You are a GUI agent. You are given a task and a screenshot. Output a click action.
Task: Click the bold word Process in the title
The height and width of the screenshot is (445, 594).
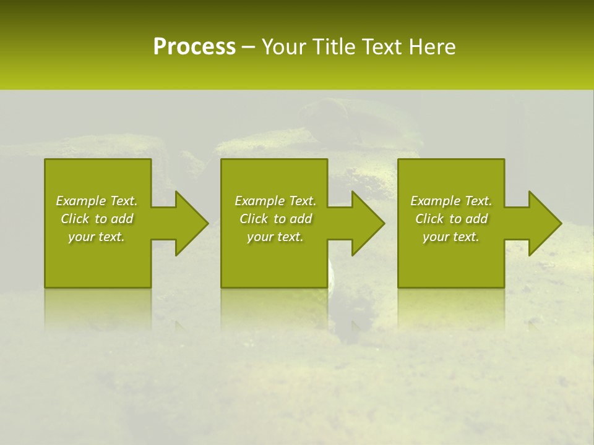pyautogui.click(x=194, y=47)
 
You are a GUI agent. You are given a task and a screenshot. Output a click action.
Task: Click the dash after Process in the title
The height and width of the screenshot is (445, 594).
pyautogui.click(x=249, y=48)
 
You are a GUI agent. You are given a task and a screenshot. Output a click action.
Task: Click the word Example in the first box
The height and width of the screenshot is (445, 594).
pyautogui.click(x=80, y=201)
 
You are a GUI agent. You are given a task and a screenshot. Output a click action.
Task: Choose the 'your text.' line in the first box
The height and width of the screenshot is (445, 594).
pyautogui.click(x=97, y=237)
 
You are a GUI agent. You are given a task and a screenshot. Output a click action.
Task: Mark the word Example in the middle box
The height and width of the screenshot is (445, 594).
pyautogui.click(x=259, y=201)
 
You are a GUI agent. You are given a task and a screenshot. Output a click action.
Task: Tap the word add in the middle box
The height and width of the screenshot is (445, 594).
pyautogui.click(x=301, y=219)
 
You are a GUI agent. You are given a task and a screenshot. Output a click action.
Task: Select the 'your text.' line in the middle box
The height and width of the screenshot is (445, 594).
pyautogui.click(x=275, y=237)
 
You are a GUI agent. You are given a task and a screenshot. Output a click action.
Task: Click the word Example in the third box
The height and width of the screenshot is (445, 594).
pyautogui.click(x=435, y=201)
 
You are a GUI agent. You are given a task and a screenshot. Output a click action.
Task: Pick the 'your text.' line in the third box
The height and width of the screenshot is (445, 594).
pyautogui.click(x=451, y=237)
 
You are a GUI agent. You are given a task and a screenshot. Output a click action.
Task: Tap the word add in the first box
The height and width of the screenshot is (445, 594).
pyautogui.click(x=123, y=219)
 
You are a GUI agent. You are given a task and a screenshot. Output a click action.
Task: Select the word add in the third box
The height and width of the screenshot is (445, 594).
pyautogui.click(x=477, y=219)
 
